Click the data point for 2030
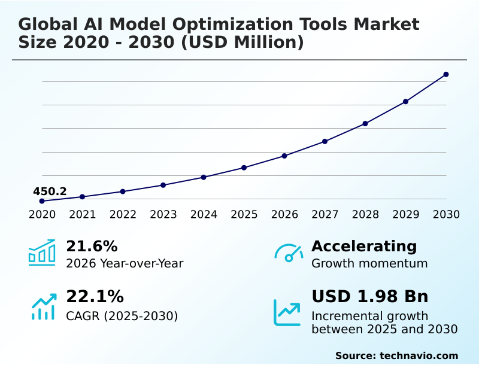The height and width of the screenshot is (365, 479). [x=446, y=74]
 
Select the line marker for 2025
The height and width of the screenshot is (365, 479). [x=244, y=168]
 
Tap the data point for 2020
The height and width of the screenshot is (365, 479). [x=42, y=201]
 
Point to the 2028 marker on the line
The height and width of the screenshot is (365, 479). [x=365, y=123]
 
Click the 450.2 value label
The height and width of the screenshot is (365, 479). [x=50, y=191]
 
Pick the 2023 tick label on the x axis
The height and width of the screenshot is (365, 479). [x=163, y=215]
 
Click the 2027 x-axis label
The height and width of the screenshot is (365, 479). [x=325, y=215]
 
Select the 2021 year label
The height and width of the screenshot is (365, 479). [x=82, y=215]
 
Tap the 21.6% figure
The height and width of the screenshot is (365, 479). [x=92, y=246]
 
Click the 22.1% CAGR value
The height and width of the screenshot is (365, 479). [x=95, y=297]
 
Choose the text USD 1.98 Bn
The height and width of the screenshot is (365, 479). [x=370, y=297]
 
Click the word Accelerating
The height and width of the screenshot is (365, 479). [x=364, y=246]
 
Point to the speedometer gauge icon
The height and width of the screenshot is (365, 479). [x=289, y=253]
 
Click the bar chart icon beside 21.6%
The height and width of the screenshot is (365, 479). [x=42, y=253]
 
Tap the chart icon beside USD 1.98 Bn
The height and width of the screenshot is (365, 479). [x=287, y=312]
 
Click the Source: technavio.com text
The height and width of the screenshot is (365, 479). [x=396, y=355]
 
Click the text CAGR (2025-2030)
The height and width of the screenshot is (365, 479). [x=122, y=316]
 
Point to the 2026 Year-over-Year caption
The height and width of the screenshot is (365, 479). [x=125, y=263]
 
